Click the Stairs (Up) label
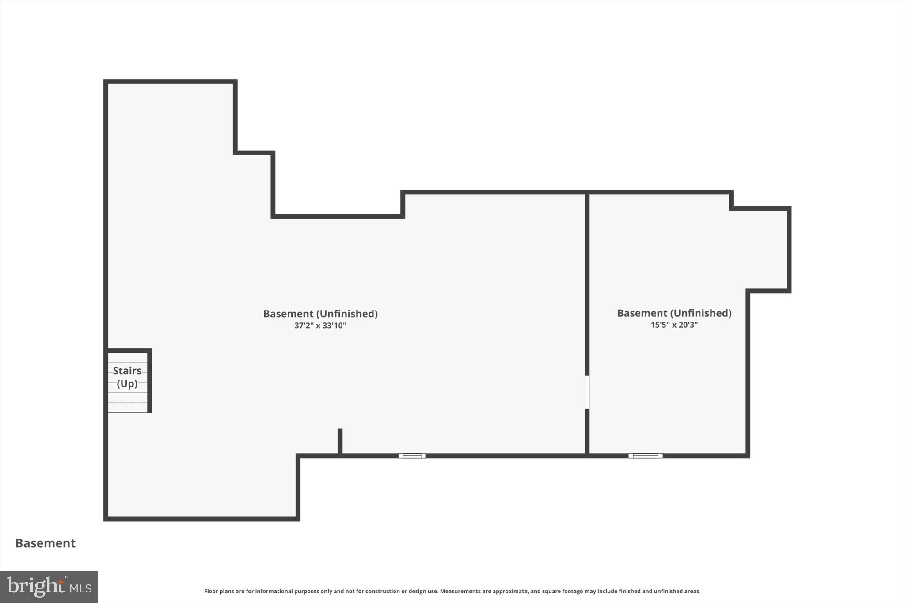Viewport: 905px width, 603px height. pyautogui.click(x=127, y=377)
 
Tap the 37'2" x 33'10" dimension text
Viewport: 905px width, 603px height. pyautogui.click(x=320, y=326)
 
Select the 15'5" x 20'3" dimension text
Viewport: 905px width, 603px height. pyautogui.click(x=674, y=325)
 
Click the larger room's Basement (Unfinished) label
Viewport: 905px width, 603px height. pyautogui.click(x=320, y=314)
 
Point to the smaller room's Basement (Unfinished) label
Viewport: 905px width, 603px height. pyautogui.click(x=674, y=313)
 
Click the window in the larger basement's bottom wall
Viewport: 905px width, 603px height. pyautogui.click(x=412, y=455)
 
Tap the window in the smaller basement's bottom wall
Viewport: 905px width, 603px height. pyautogui.click(x=645, y=455)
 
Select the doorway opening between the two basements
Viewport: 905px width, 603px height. pyautogui.click(x=587, y=392)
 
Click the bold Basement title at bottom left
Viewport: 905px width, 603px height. pyautogui.click(x=46, y=543)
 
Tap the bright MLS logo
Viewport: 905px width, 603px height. pyautogui.click(x=49, y=587)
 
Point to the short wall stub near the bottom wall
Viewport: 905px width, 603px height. pyautogui.click(x=340, y=441)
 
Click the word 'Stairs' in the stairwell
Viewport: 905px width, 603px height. pyautogui.click(x=127, y=371)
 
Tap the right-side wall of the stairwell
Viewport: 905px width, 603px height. pyautogui.click(x=149, y=381)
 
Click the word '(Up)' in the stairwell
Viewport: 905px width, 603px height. pyautogui.click(x=127, y=383)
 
